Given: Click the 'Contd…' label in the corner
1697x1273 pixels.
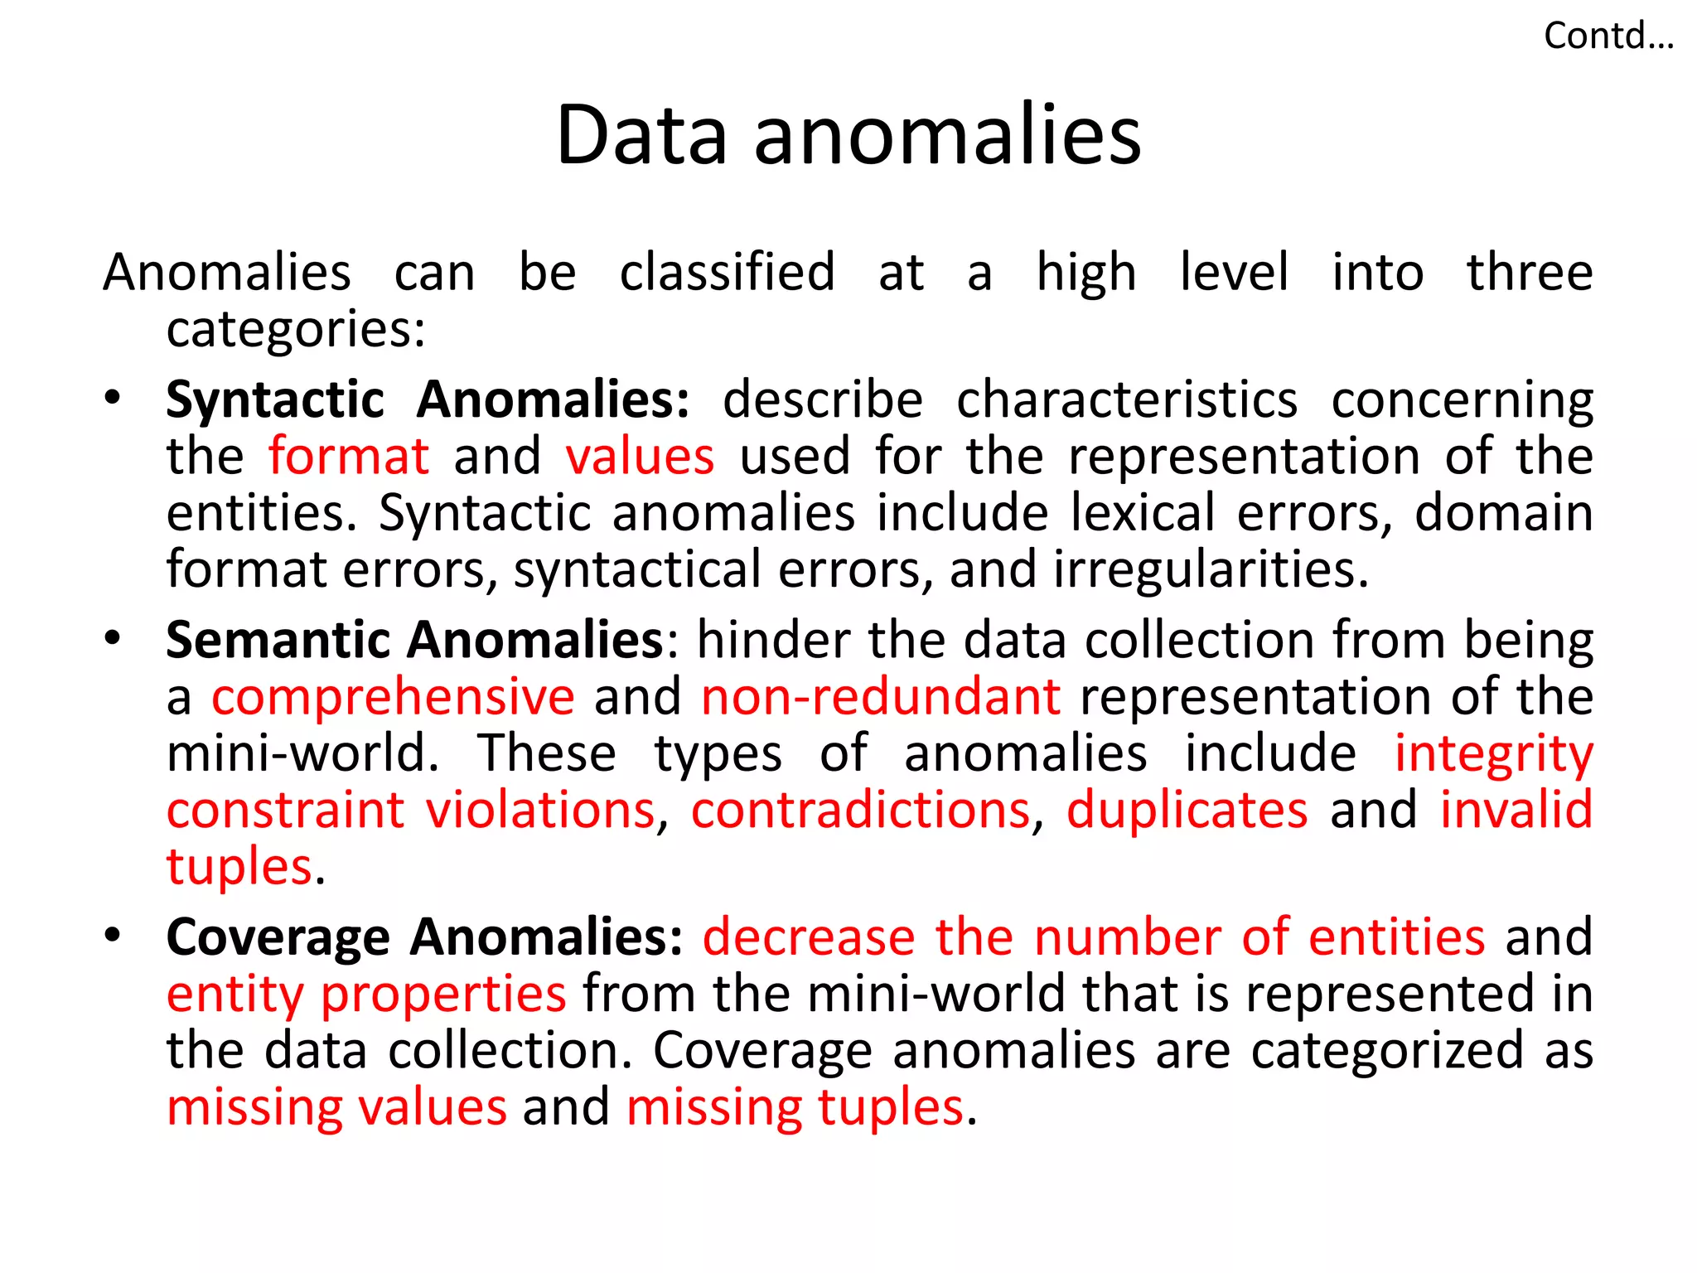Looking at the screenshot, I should coord(1608,36).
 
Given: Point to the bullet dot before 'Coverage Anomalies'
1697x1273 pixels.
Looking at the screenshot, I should coord(113,934).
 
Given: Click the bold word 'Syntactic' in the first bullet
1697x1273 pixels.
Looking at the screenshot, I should coord(275,400).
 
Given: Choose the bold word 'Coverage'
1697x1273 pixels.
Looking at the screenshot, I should coord(278,938).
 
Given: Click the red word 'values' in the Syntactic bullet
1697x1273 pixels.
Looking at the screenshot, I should coord(640,457).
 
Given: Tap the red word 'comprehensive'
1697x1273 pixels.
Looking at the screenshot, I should coord(393,696).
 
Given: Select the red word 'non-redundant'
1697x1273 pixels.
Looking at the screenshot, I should coord(881,696).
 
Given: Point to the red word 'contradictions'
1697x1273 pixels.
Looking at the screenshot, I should coord(861,810).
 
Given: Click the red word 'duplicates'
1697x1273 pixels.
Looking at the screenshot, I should coord(1187,810).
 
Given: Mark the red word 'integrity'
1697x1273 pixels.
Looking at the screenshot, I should coord(1493,754).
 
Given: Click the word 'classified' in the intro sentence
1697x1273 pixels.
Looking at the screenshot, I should coord(727,272).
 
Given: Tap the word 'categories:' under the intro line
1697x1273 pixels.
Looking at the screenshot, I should coord(296,329).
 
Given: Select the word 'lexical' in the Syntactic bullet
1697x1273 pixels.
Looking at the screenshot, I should coord(1143,513).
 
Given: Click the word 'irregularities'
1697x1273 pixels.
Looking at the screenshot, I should coord(1211,570).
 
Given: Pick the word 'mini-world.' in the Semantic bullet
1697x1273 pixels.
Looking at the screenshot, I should coord(302,753).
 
